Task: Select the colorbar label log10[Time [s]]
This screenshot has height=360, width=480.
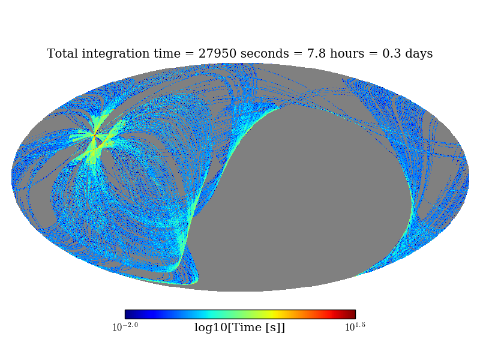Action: pyautogui.click(x=239, y=328)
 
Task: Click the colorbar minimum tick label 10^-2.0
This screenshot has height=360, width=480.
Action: pyautogui.click(x=125, y=326)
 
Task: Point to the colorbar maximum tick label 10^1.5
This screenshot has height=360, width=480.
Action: pyautogui.click(x=355, y=326)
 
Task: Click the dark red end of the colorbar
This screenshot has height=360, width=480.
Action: pyautogui.click(x=352, y=314)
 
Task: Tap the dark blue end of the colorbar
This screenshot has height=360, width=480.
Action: pyautogui.click(x=128, y=314)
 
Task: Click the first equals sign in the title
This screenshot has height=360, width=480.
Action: pyautogui.click(x=193, y=54)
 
